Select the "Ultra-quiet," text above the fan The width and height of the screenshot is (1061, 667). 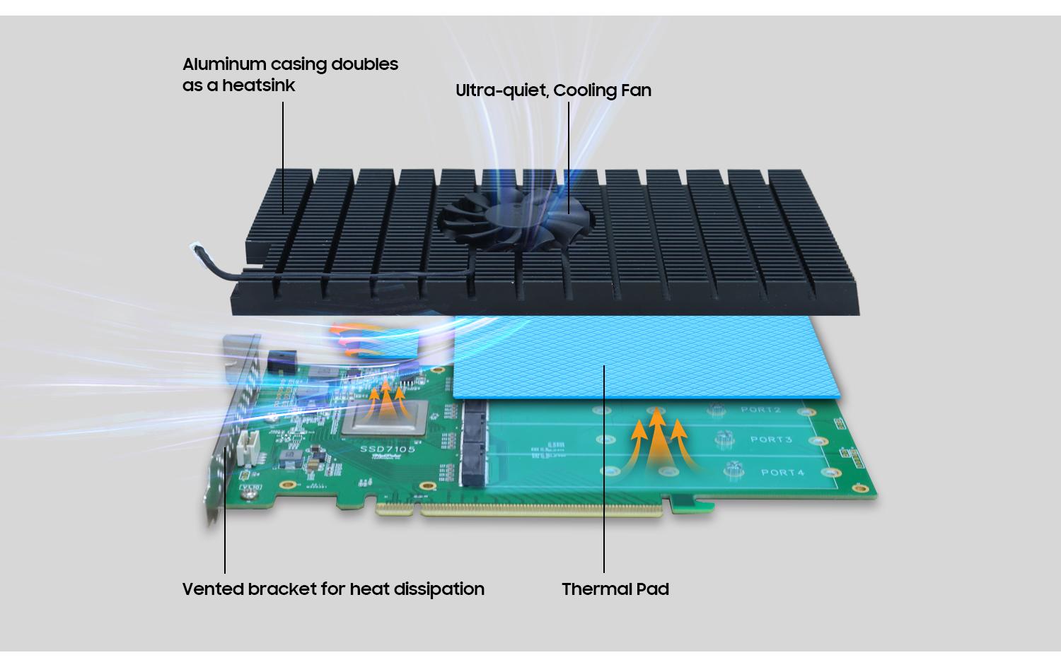click(501, 90)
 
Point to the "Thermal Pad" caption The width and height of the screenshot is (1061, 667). click(615, 589)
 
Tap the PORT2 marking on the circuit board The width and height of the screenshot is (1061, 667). click(760, 410)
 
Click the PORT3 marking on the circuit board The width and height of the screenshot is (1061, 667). click(770, 439)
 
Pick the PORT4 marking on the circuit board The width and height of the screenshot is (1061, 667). click(782, 472)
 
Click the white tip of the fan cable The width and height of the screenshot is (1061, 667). click(195, 247)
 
